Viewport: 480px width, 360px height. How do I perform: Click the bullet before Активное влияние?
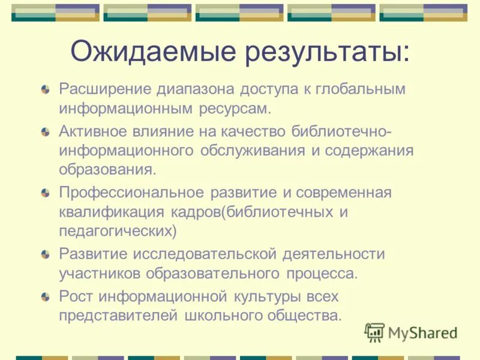pos(46,131)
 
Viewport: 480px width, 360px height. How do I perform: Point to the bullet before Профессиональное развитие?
pos(46,193)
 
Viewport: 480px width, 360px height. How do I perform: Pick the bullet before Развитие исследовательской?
pos(46,255)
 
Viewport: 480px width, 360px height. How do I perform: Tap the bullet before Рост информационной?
pos(46,296)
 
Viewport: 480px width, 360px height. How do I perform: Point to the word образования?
pos(107,169)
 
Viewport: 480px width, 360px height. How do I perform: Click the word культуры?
pos(263,296)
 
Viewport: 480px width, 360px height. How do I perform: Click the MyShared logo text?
pos(422,332)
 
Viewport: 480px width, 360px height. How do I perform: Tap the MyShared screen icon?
pos(375,332)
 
